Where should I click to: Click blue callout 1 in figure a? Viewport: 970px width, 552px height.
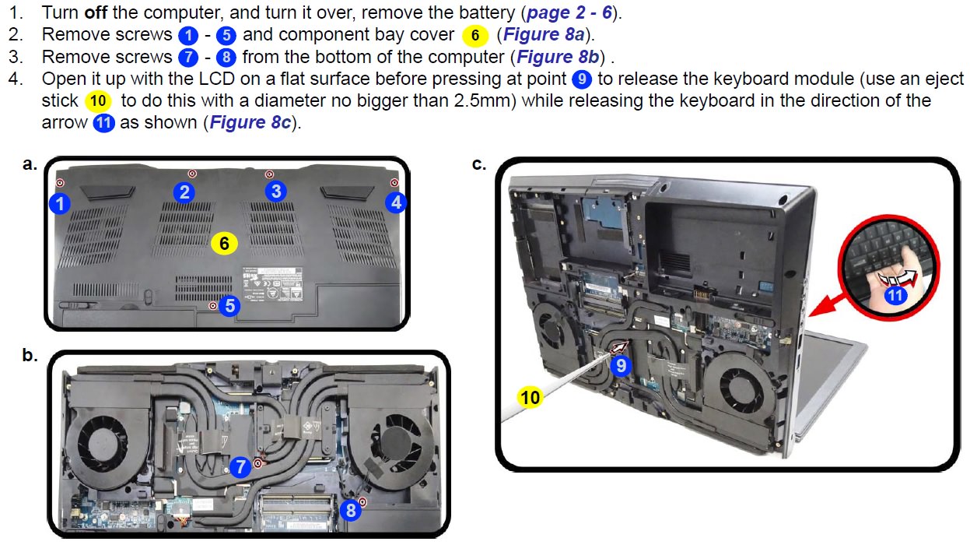point(59,203)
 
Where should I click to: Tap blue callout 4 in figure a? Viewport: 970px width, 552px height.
point(397,202)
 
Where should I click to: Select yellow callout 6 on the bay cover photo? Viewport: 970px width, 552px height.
point(223,243)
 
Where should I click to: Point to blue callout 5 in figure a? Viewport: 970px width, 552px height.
point(229,306)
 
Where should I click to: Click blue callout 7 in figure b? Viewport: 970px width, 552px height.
point(240,466)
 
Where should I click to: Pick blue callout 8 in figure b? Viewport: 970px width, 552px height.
point(351,510)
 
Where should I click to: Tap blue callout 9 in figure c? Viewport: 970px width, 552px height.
point(620,364)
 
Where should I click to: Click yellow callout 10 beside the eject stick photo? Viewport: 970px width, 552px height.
point(530,398)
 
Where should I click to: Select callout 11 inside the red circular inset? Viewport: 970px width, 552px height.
point(895,295)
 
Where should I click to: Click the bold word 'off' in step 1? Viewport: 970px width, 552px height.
point(96,13)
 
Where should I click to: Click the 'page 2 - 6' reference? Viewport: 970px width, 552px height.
point(569,13)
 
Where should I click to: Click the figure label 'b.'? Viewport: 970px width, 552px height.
point(30,355)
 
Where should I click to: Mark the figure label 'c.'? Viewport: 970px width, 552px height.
point(479,163)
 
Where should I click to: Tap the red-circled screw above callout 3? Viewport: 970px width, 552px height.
point(268,174)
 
